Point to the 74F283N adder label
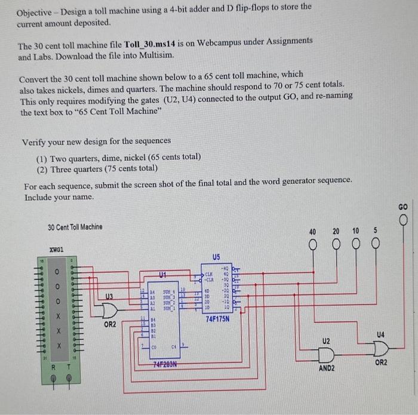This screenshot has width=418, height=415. click(167, 364)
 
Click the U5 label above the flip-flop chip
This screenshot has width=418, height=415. click(216, 257)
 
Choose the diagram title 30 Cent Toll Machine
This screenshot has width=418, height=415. click(75, 227)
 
